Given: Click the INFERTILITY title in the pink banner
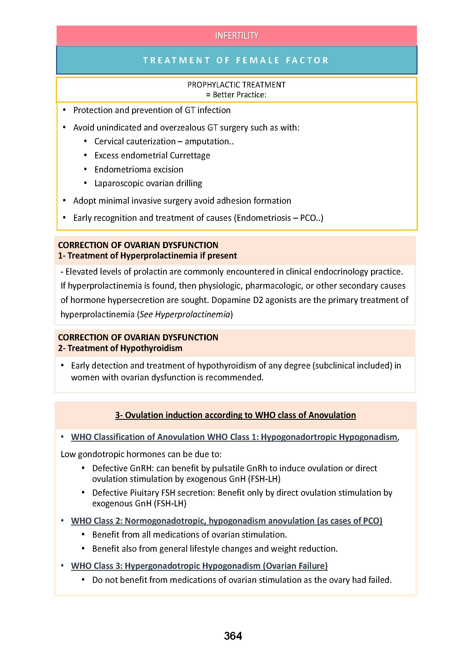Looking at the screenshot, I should [x=236, y=35].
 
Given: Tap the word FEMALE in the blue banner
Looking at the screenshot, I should [x=258, y=60].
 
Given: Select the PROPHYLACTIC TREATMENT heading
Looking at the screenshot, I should [x=236, y=85].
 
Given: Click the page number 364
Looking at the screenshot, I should [x=233, y=636].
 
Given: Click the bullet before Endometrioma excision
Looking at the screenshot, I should [x=86, y=169].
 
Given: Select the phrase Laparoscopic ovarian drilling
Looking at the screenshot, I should [x=148, y=183].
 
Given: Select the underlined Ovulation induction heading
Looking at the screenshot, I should [x=235, y=415].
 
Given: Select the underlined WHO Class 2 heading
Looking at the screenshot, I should [x=227, y=521].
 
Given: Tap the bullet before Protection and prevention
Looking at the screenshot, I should [x=64, y=110].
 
